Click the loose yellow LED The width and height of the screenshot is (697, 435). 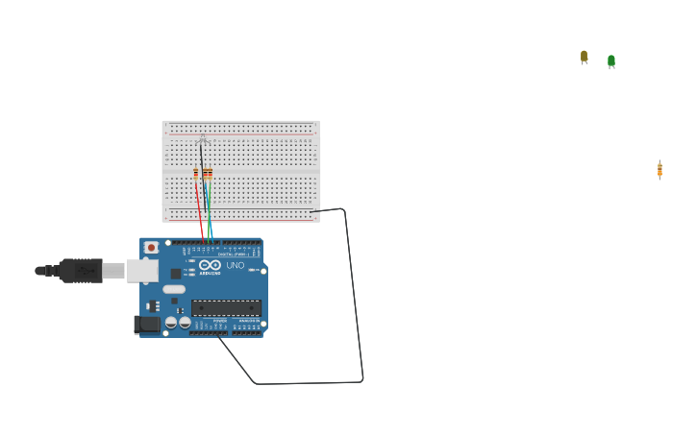(584, 57)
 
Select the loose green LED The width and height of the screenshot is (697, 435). (610, 60)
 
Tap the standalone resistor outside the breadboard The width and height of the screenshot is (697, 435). (660, 169)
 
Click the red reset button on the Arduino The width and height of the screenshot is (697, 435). (151, 248)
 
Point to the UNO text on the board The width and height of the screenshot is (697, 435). (235, 265)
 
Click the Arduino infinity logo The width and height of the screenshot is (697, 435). (210, 265)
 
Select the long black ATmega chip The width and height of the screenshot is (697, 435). (226, 307)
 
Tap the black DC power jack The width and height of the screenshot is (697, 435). (147, 325)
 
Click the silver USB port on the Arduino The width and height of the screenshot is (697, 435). (142, 271)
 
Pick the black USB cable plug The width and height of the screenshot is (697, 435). (81, 271)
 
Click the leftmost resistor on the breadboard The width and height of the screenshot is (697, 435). (196, 174)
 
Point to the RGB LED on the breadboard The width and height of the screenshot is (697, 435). (201, 140)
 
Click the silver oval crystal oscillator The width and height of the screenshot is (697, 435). (174, 289)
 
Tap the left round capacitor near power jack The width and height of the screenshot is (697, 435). (170, 323)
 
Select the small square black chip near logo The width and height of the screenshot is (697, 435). (176, 274)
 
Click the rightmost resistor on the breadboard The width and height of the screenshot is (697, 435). (211, 174)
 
